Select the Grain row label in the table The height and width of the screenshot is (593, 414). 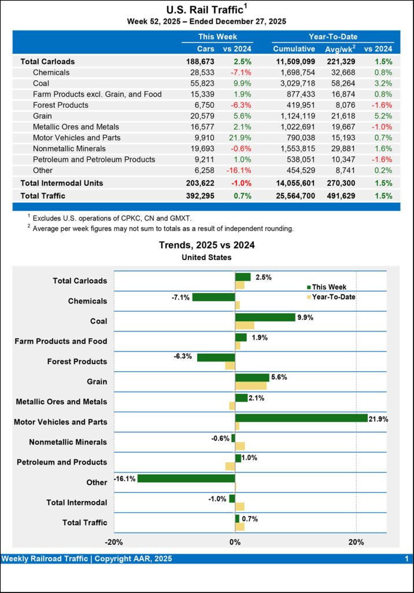coord(43,116)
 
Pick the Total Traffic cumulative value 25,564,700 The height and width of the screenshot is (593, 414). coord(294,196)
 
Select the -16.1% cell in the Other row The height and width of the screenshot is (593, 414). coord(235,170)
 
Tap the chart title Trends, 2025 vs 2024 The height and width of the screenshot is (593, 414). coord(206,245)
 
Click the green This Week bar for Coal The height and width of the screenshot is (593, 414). coord(265,317)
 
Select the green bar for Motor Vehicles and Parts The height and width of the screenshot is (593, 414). coord(301,418)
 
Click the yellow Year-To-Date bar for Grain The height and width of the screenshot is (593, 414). coord(251,386)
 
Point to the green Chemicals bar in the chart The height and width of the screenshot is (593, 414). coord(213,297)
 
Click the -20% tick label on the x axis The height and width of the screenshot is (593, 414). coord(114,542)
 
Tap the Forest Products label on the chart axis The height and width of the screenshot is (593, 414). coord(77,361)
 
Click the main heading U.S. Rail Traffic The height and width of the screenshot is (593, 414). coord(204,9)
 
